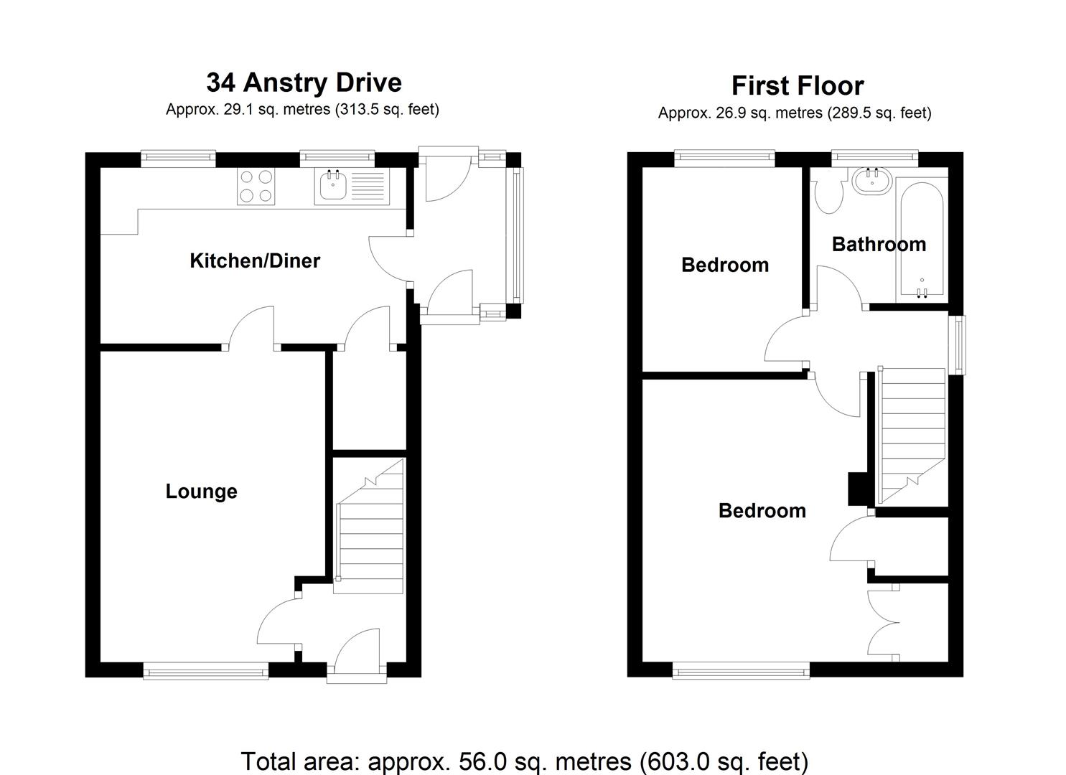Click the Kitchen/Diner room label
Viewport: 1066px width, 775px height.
(255, 260)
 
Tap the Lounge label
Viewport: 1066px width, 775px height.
(201, 492)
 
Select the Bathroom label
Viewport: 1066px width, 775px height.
(879, 245)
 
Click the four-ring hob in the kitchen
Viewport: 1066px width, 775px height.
(256, 186)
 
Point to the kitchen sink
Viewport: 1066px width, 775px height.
(332, 186)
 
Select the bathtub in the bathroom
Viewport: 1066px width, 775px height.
(921, 240)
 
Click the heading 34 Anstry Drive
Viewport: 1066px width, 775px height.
(304, 83)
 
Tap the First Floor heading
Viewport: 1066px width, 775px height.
(797, 86)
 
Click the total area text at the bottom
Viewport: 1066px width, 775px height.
(525, 761)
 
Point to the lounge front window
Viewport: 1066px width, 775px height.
(206, 672)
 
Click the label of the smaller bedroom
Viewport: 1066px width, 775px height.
(724, 266)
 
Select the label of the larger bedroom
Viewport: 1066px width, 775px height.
(762, 511)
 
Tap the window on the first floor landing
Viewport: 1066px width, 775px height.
(958, 344)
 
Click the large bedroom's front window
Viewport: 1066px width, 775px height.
(741, 672)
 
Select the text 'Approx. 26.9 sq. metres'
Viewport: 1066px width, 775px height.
(739, 113)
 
